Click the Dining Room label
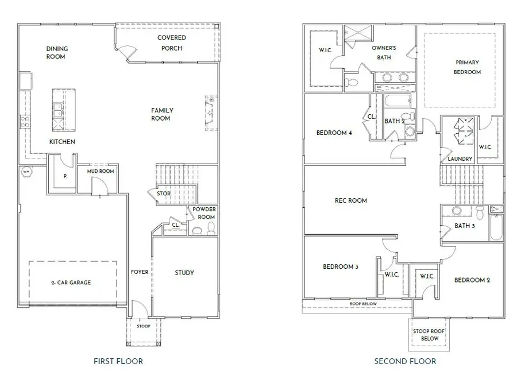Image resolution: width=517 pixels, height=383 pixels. tap(56, 53)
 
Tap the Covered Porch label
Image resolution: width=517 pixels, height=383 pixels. tap(171, 43)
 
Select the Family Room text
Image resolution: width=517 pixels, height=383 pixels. tap(162, 114)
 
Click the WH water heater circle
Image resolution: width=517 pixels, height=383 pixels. tap(26, 171)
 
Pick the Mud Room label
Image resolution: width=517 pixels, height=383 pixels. tap(101, 171)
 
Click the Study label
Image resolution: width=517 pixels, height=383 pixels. tap(184, 273)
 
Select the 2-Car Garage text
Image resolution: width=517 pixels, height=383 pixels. tap(71, 283)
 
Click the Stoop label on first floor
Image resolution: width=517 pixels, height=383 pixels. tap(143, 326)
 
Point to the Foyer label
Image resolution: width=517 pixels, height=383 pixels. tap(140, 273)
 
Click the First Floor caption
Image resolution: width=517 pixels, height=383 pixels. tap(118, 361)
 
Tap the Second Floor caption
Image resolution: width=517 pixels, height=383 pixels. tap(405, 361)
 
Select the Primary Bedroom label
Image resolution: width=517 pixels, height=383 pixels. tap(467, 67)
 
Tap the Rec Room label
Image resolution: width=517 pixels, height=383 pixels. tap(350, 200)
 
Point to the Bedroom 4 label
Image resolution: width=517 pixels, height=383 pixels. tap(334, 133)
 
